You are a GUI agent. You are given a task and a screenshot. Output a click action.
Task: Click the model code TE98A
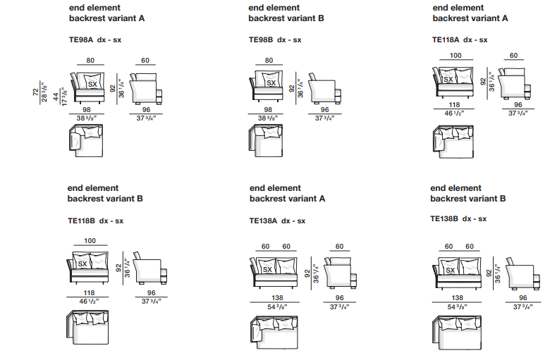pyautogui.click(x=81, y=40)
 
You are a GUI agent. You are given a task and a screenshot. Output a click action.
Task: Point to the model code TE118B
pyautogui.click(x=82, y=221)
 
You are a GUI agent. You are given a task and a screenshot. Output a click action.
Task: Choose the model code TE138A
pyautogui.click(x=264, y=221)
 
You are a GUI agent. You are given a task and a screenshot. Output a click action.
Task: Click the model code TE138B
pyautogui.click(x=445, y=219)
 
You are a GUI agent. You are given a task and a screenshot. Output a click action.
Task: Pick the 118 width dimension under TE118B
pyautogui.click(x=89, y=293)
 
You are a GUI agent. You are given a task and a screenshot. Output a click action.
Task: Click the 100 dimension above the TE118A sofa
pyautogui.click(x=456, y=56)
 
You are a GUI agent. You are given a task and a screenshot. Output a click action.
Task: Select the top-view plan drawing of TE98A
pyautogui.click(x=85, y=138)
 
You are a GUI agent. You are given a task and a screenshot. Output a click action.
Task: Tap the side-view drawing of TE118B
pyautogui.click(x=148, y=271)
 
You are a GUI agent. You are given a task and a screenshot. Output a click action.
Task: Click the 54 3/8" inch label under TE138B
pyautogui.click(x=457, y=307)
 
